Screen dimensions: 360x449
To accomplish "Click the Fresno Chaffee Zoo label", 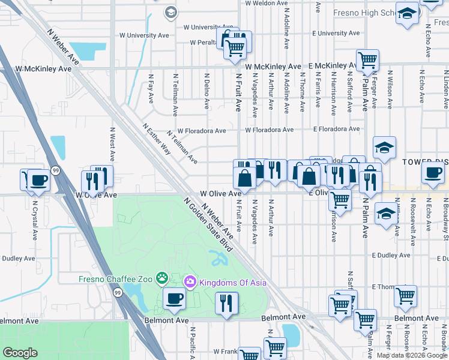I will pyautogui.click(x=116, y=278).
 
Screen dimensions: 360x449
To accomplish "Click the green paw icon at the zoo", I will pyautogui.click(x=161, y=278).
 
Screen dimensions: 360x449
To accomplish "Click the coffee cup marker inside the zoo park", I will pyautogui.click(x=175, y=298).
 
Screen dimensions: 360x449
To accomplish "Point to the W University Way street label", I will pyautogui.click(x=147, y=35).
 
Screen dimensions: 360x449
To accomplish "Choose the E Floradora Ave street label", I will pyautogui.click(x=336, y=129).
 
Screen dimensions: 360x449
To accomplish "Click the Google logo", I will pyautogui.click(x=20, y=353).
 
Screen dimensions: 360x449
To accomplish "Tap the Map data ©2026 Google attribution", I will pyautogui.click(x=412, y=355).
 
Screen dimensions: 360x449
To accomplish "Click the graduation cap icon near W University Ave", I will pyautogui.click(x=171, y=12).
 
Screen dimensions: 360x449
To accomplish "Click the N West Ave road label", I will pyautogui.click(x=112, y=143).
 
